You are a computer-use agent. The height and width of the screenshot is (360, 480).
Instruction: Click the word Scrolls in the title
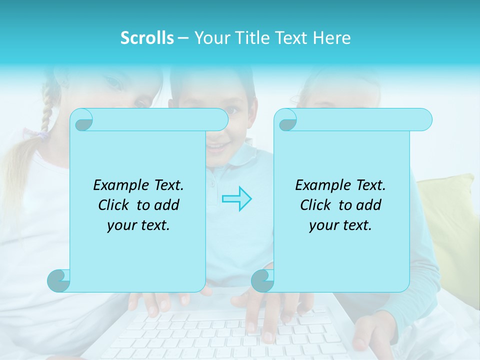point(147,38)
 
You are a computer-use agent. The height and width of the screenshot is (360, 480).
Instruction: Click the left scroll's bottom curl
point(59,280)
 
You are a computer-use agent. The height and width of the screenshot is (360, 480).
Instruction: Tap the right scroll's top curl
point(287,120)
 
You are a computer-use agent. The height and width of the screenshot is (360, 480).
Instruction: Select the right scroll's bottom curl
point(263,280)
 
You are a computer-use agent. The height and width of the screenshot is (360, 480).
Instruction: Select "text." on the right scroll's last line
point(356,225)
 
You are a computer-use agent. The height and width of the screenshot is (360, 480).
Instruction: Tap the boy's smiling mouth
point(218,147)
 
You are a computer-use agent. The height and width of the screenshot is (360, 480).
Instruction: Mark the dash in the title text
point(183,38)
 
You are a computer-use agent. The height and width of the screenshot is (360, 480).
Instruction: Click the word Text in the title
point(291,38)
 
